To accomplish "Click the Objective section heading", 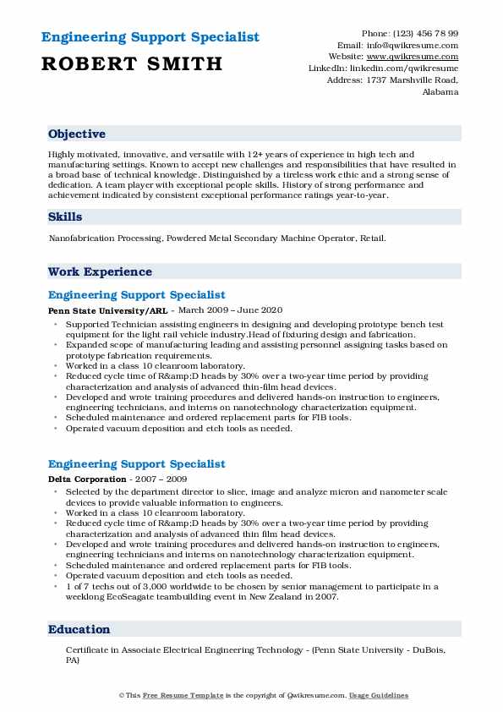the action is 77,134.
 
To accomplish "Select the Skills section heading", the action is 65,217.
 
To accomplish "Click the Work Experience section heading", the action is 100,272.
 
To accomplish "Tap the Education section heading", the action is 79,630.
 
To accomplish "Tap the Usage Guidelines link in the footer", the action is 379,696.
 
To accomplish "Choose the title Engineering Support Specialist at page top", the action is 149,37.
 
